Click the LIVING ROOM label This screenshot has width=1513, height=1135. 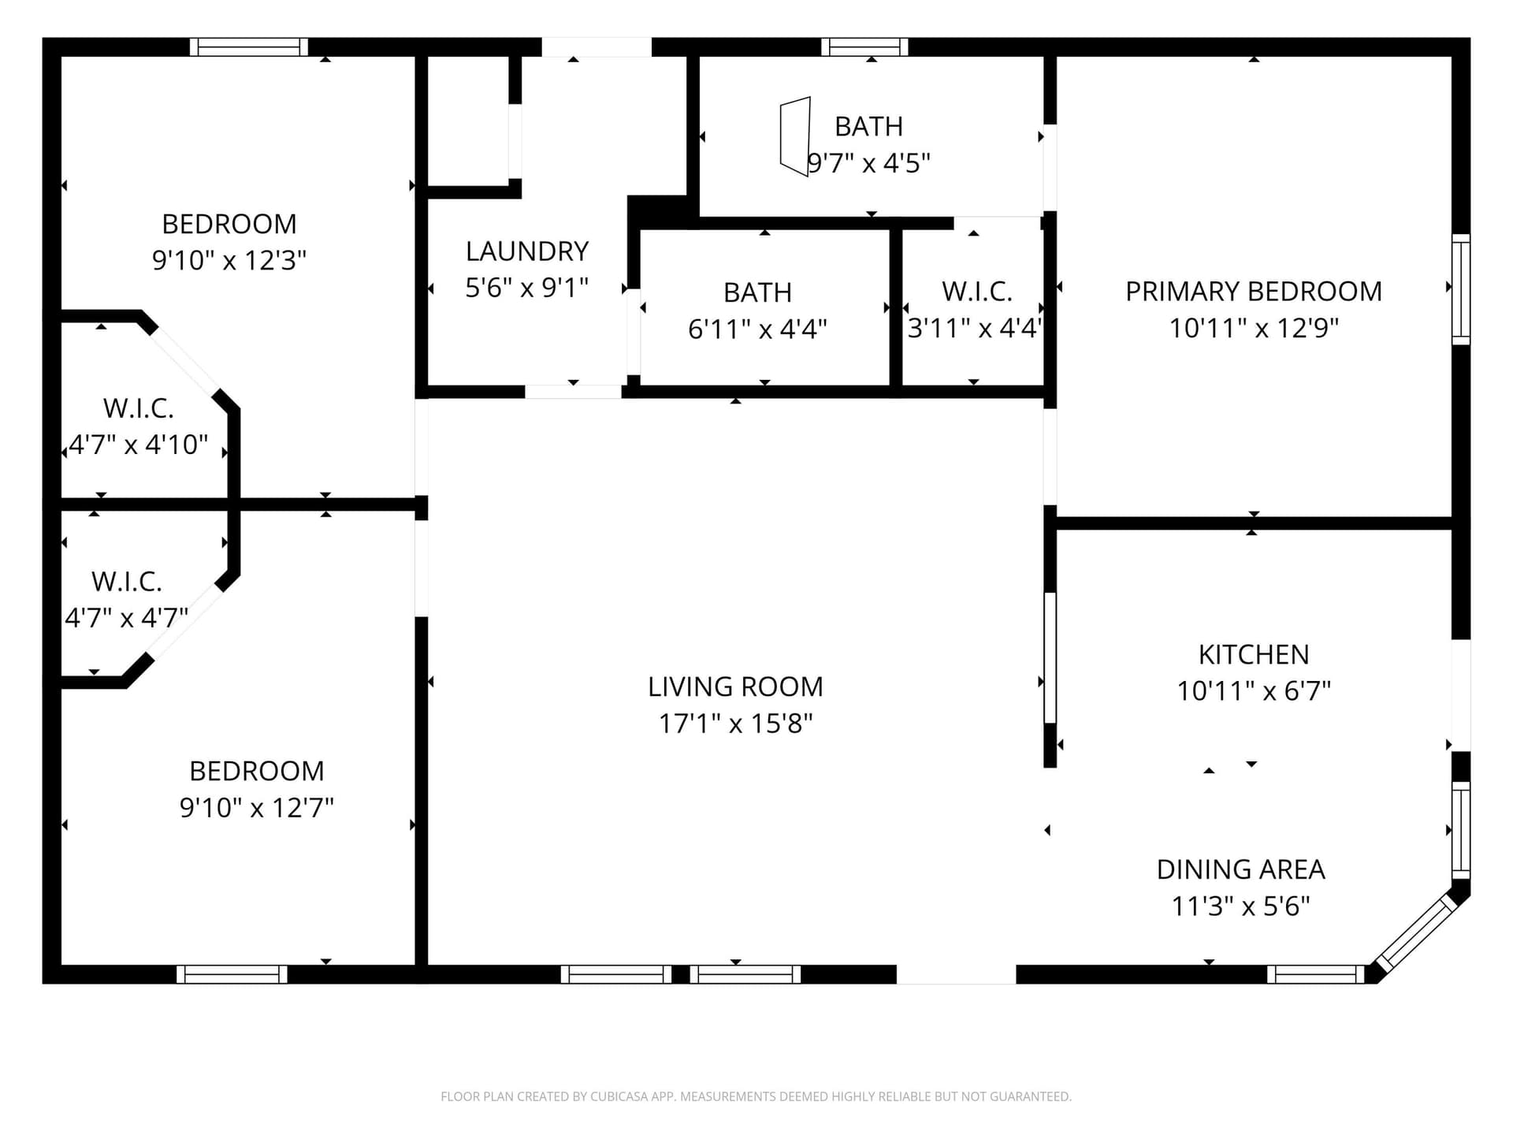click(x=735, y=687)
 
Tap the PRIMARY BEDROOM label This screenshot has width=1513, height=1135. click(x=1253, y=292)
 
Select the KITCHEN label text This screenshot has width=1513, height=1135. click(x=1253, y=654)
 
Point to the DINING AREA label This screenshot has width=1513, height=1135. click(x=1240, y=869)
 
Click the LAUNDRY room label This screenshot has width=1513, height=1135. click(x=527, y=251)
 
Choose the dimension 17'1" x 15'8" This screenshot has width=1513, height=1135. click(x=735, y=723)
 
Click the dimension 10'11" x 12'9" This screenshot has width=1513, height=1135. click(x=1253, y=328)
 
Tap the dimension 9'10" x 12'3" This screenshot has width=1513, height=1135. click(x=229, y=260)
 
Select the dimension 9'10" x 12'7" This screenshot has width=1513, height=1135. click(x=257, y=807)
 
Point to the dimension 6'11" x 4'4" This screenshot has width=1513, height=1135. click(x=757, y=329)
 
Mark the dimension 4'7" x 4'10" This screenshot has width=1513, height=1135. click(x=139, y=445)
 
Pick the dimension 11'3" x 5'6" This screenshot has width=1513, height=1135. click(x=1240, y=906)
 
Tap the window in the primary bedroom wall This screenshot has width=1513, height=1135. click(x=1461, y=289)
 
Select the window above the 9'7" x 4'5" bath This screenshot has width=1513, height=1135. click(x=864, y=47)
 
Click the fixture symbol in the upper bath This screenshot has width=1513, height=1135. click(x=795, y=136)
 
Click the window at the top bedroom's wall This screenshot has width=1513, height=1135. click(x=248, y=47)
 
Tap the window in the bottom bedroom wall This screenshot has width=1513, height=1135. click(x=232, y=974)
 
